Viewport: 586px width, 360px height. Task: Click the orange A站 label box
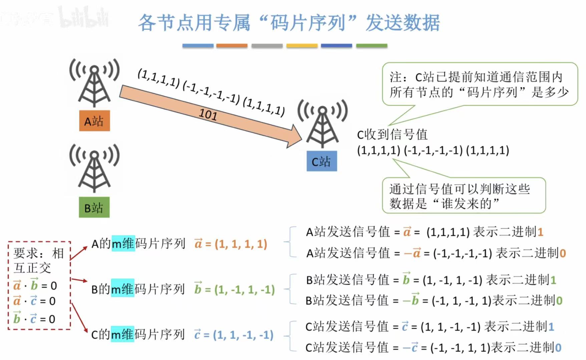94,121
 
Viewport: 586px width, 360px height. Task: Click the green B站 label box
94,208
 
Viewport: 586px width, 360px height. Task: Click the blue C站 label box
322,161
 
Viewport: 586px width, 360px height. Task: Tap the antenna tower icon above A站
94,83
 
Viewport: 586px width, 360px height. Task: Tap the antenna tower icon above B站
94,168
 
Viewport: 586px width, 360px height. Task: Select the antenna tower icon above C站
322,123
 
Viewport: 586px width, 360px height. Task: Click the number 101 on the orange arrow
208,114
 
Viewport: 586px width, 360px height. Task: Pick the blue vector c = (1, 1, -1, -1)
234,335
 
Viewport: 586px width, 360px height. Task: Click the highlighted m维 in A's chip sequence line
123,244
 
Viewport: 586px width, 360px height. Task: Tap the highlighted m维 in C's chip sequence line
122,335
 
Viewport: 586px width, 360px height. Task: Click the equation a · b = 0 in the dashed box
35,286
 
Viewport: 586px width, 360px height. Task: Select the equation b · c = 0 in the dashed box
34,319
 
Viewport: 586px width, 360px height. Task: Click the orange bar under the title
232,46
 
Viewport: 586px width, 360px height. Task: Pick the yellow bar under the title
302,46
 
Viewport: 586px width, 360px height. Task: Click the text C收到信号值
392,134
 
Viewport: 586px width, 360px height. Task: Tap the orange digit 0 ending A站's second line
563,253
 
